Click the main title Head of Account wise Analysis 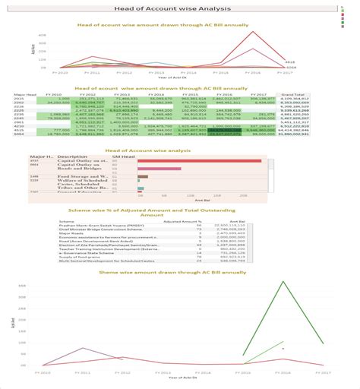[179, 7]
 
